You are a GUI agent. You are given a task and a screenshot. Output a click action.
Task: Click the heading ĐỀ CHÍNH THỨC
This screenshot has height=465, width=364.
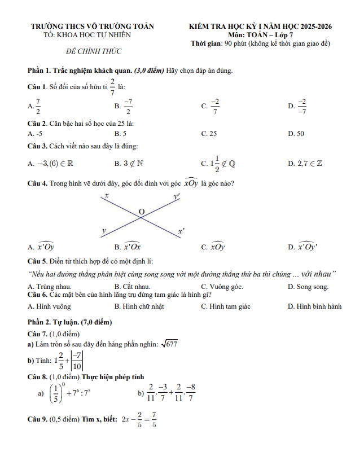click(x=94, y=51)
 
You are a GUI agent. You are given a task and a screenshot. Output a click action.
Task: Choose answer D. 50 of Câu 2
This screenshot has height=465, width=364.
click(x=296, y=134)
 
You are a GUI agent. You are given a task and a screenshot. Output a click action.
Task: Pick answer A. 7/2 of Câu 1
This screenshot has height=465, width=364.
click(x=34, y=106)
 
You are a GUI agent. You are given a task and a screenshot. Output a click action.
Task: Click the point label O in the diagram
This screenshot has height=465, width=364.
click(x=142, y=212)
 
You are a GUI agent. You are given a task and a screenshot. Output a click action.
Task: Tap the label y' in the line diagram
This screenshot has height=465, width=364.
click(x=177, y=196)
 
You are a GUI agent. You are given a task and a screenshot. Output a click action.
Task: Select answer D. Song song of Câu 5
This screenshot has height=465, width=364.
click(x=308, y=287)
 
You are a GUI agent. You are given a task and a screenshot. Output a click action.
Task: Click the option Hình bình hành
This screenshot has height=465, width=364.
click(x=314, y=306)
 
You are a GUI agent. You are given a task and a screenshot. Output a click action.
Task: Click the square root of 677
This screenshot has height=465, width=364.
click(x=170, y=344)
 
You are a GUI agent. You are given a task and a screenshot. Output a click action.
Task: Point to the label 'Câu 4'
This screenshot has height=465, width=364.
click(x=37, y=183)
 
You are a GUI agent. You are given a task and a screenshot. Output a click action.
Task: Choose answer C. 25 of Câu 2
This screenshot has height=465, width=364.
click(x=209, y=134)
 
